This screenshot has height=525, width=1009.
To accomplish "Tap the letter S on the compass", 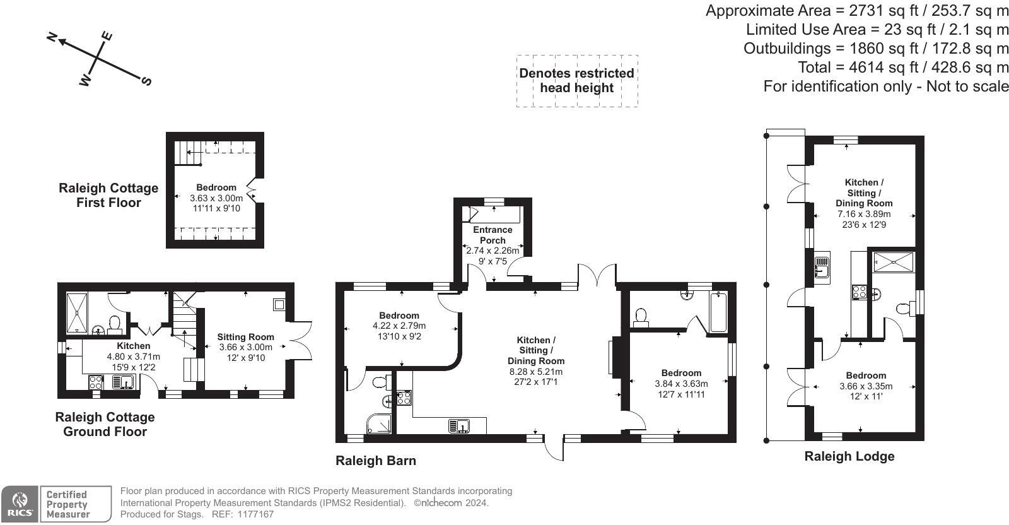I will [146, 81].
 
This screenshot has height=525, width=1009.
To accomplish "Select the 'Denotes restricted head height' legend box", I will [576, 81].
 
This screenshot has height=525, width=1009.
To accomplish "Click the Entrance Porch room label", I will [493, 235].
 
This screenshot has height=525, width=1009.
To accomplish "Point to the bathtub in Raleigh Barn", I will [718, 312].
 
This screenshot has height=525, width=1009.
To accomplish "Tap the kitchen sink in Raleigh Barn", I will [459, 427].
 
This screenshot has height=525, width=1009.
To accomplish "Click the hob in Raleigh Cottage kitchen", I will [96, 382].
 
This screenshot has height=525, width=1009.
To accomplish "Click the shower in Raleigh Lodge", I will [892, 261].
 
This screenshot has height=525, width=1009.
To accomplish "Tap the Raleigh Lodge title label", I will [849, 456].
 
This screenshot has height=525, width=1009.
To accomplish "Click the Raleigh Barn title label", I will [375, 461].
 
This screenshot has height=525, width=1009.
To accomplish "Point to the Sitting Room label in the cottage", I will [245, 337].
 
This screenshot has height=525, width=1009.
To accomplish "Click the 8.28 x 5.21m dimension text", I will [535, 372].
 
